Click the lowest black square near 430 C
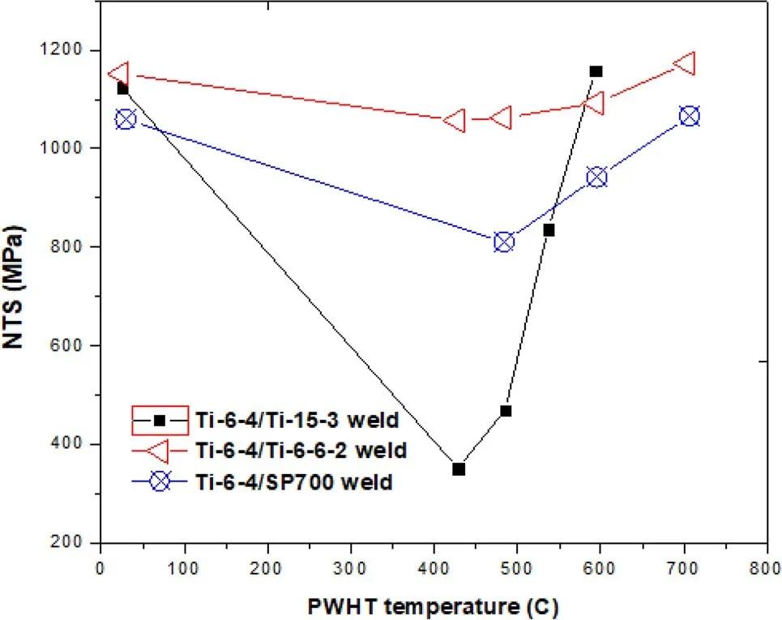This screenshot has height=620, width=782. [x=459, y=468]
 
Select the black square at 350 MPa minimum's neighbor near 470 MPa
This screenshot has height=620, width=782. [x=506, y=411]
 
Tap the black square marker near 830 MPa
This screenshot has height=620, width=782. [x=549, y=230]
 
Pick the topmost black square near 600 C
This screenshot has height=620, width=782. [x=596, y=71]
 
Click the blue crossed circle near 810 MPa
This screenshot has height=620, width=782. [x=503, y=242]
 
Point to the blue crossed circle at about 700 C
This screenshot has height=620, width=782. [x=690, y=116]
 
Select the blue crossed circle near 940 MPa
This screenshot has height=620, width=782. [x=597, y=177]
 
